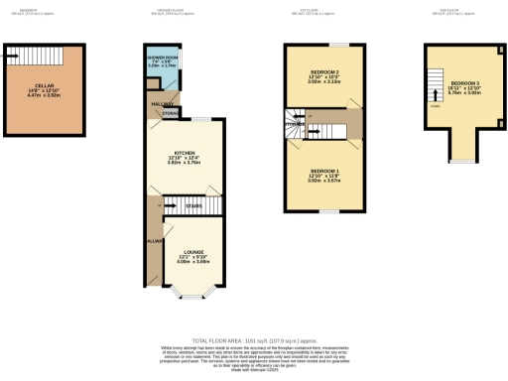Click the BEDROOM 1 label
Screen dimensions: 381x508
(x=323, y=173)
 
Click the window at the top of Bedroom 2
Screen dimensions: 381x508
(x=339, y=45)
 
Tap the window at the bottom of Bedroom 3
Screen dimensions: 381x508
(x=461, y=161)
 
